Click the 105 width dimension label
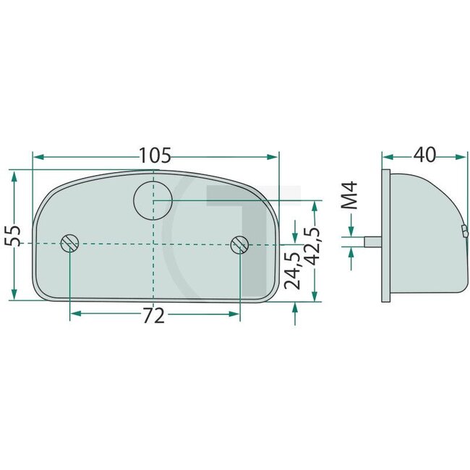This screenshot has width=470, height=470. pos(155,155)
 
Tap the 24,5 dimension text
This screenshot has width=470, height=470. pos(293,270)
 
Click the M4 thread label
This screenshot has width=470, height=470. pos(350,197)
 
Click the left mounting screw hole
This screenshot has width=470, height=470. pos(69,244)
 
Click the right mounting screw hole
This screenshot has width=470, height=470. pos(239,244)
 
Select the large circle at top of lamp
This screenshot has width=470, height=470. pos(154,198)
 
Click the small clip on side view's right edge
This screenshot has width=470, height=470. pos(464,231)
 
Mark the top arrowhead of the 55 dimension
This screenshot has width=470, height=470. pos(14,175)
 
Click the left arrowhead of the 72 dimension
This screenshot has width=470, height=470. pos(74,312)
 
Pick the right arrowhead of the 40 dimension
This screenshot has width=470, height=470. pos(460,156)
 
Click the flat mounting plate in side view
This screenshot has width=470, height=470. pos(385,235)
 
